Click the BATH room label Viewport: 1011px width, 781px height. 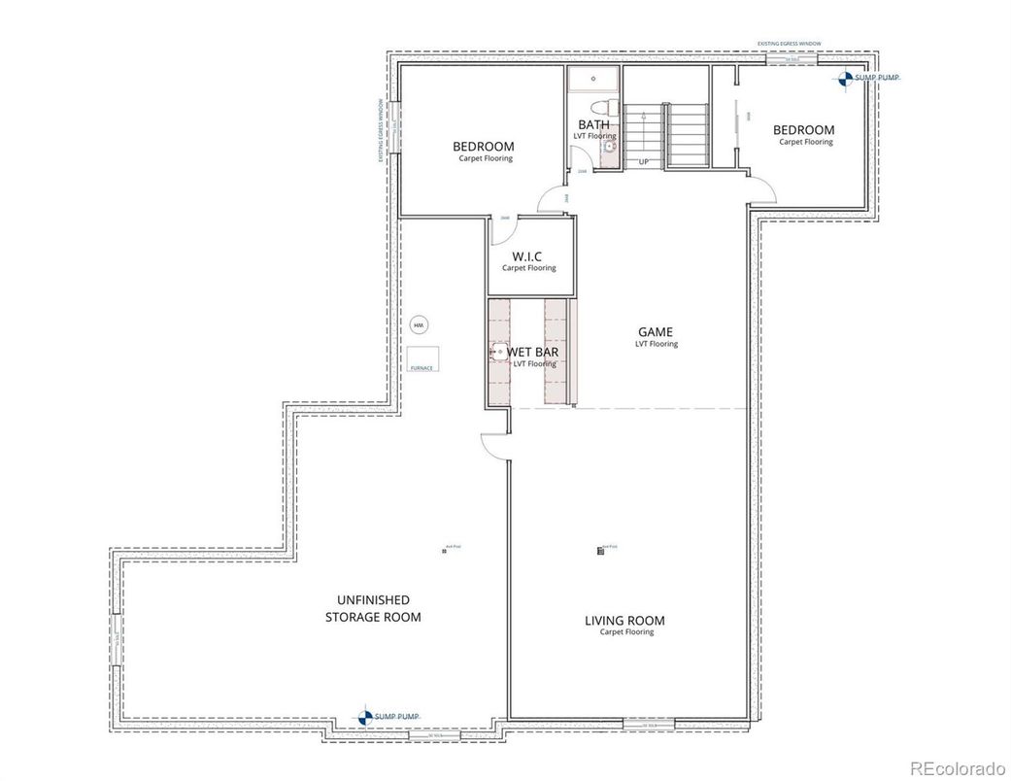click(x=594, y=124)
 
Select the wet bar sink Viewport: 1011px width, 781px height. click(x=498, y=352)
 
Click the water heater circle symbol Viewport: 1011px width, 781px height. click(x=419, y=325)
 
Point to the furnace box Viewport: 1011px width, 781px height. click(x=422, y=357)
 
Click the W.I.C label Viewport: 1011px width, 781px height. click(x=528, y=256)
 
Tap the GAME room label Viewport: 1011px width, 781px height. click(x=656, y=332)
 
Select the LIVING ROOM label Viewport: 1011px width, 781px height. click(x=624, y=621)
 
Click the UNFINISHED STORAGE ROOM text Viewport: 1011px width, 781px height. click(x=373, y=608)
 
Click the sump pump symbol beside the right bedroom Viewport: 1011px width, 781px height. click(x=846, y=79)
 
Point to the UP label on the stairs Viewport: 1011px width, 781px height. click(x=643, y=161)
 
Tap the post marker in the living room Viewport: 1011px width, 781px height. click(x=600, y=551)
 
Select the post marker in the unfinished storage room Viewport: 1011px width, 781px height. click(x=444, y=551)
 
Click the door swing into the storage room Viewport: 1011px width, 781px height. click(x=493, y=446)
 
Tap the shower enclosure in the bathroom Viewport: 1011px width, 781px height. click(x=593, y=80)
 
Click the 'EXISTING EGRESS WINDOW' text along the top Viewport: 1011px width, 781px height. click(x=790, y=44)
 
